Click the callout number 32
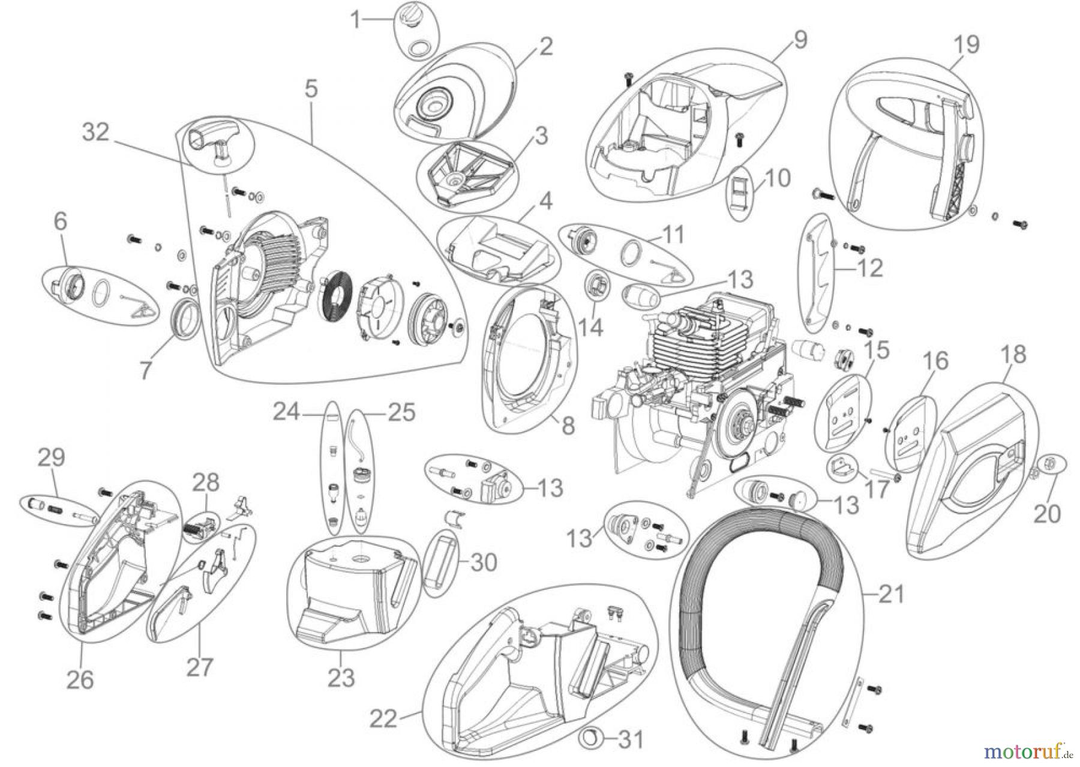(95, 132)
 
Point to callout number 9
(800, 39)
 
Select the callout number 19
(966, 44)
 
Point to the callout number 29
(52, 459)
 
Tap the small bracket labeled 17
(841, 466)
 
